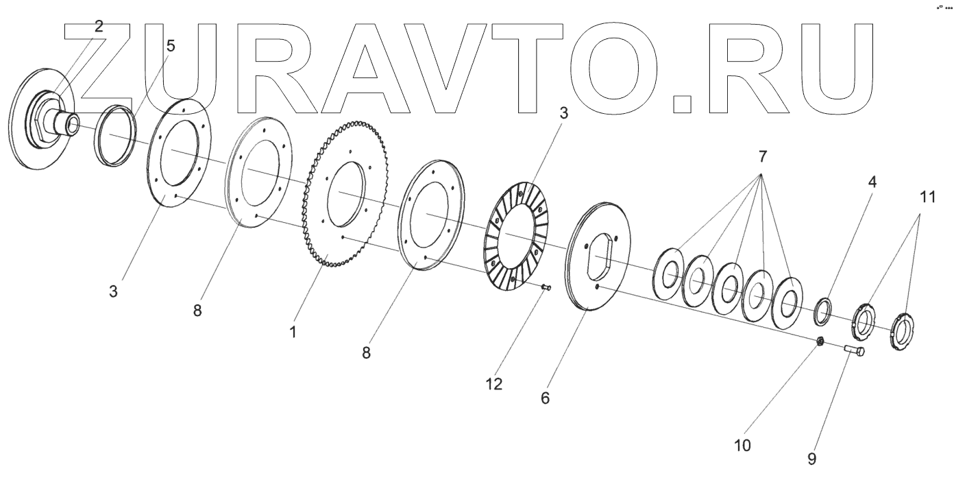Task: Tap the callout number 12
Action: click(494, 384)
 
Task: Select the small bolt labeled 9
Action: click(853, 350)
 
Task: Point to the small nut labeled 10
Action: click(820, 341)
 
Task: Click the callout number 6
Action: click(546, 398)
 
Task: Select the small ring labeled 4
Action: click(822, 311)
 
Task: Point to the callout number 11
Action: click(927, 198)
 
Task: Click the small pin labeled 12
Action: click(546, 288)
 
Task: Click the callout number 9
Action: click(811, 459)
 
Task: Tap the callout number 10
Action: click(742, 446)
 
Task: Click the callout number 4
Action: click(872, 183)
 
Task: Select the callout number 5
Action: click(170, 46)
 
